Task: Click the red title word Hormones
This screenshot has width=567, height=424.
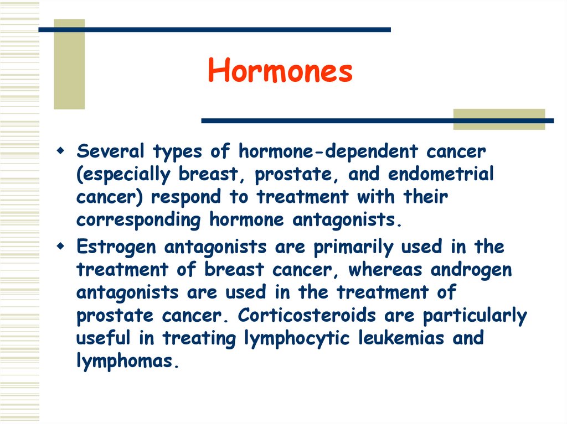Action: coord(280,71)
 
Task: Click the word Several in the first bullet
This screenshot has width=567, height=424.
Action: coord(110,150)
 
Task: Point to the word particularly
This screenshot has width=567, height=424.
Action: coord(475,316)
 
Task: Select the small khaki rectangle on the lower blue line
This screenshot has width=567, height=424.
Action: coord(499,119)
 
